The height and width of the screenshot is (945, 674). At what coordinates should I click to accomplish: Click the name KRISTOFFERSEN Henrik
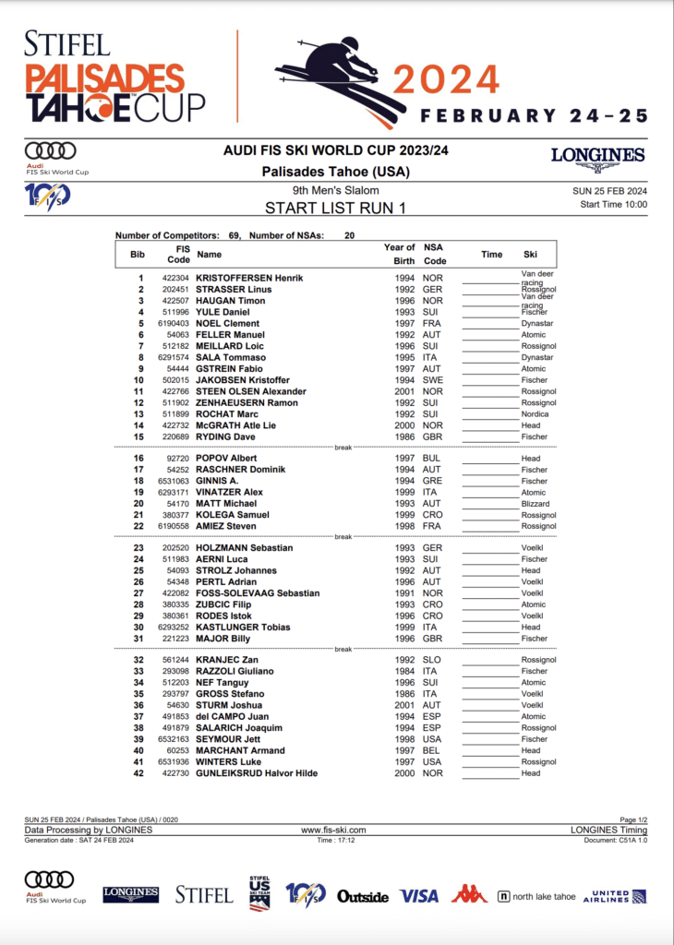click(249, 278)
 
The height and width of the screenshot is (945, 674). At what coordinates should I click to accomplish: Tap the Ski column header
click(530, 254)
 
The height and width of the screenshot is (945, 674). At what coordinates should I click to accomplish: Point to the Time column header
click(491, 254)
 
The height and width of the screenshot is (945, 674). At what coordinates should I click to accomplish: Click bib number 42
click(139, 773)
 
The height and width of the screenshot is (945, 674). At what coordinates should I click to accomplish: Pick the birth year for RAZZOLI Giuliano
click(400, 671)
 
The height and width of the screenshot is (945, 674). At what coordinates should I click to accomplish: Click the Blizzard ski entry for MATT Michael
click(535, 504)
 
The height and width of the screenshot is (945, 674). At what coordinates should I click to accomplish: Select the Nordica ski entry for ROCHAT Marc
click(534, 414)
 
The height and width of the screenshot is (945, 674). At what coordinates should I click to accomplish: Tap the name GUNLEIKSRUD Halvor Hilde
click(257, 773)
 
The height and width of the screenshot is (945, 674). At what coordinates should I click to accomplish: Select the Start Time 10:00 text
click(613, 205)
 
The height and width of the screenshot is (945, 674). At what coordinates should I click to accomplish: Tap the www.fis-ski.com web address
click(336, 831)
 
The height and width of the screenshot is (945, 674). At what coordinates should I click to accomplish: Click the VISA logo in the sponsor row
click(418, 895)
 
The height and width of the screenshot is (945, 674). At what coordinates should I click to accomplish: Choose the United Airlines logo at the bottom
click(614, 896)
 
